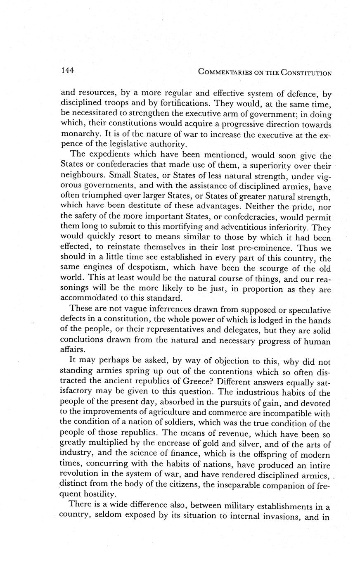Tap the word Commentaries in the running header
[x=225, y=73]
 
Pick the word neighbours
[x=82, y=176]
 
